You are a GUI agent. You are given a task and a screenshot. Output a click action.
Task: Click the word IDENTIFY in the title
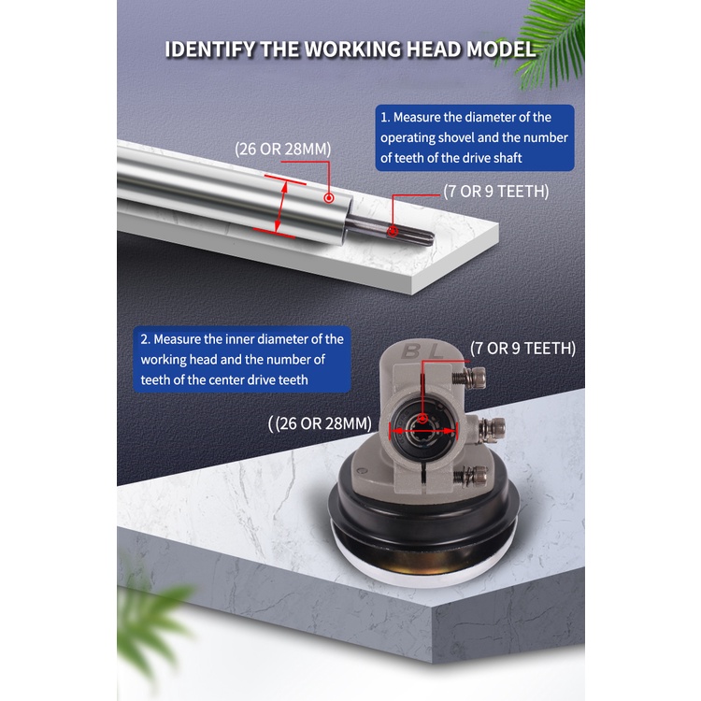click(x=210, y=50)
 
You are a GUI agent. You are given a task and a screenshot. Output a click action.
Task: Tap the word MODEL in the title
click(x=501, y=50)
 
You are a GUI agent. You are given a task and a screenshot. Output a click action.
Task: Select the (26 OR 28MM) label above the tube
click(x=283, y=149)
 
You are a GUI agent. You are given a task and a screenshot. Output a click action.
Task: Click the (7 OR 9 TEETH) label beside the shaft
click(x=495, y=192)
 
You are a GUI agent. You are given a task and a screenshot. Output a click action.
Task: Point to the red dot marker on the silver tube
click(x=329, y=197)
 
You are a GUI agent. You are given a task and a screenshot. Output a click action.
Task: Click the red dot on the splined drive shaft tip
click(x=393, y=231)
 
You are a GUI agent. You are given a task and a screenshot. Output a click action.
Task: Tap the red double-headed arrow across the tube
click(x=280, y=207)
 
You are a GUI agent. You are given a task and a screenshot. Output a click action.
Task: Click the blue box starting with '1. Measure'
click(x=475, y=137)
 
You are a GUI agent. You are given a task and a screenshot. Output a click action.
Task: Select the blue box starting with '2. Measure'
click(x=242, y=360)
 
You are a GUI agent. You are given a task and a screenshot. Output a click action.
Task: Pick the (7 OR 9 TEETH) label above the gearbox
click(x=522, y=349)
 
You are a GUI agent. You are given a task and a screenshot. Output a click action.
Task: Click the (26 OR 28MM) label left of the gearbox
click(x=320, y=423)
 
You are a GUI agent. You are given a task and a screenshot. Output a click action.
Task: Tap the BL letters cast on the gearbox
click(x=422, y=351)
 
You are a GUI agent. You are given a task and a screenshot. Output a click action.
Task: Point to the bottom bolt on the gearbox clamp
click(x=471, y=475)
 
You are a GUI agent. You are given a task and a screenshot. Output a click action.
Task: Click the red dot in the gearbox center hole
click(x=422, y=420)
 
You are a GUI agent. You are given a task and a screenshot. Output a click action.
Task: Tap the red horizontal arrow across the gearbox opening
click(x=423, y=431)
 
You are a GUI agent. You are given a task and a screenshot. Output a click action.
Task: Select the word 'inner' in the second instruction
click(x=239, y=339)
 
